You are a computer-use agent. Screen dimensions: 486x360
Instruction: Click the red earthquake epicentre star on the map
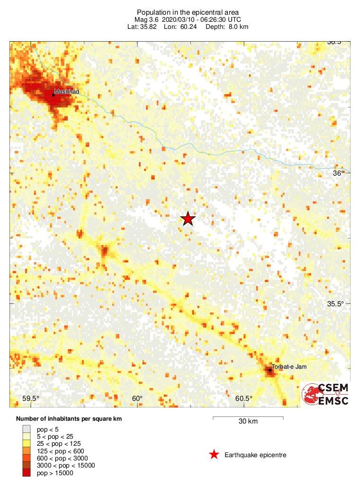click(x=188, y=218)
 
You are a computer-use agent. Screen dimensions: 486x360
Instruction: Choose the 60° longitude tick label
click(x=137, y=398)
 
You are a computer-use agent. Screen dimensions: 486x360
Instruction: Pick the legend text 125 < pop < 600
click(x=60, y=451)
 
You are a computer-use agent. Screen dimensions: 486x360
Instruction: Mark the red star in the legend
click(x=214, y=455)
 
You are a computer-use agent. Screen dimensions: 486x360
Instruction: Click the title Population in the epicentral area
click(x=188, y=12)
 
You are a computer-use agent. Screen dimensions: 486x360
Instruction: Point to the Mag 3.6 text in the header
click(x=147, y=19)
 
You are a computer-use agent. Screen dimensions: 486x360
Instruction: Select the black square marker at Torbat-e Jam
click(x=270, y=370)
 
